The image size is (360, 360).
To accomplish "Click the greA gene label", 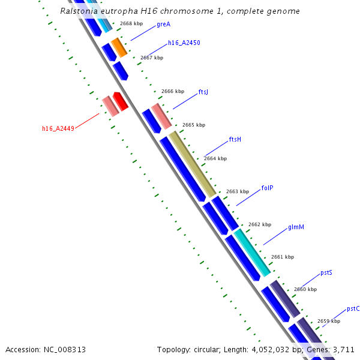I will click(163, 25).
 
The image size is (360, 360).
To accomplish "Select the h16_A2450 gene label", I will click(184, 43).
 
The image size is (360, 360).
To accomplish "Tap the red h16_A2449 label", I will click(58, 128).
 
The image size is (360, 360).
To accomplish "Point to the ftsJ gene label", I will click(203, 92).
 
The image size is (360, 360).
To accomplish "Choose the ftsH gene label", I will click(235, 140).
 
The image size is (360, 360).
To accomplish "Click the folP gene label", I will click(268, 188).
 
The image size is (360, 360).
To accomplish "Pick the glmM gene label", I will click(296, 227).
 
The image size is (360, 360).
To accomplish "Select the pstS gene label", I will click(326, 272).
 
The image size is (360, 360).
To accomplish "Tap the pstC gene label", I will click(353, 309).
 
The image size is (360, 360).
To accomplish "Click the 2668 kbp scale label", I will click(131, 24).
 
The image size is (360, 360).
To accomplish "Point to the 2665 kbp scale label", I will click(194, 125).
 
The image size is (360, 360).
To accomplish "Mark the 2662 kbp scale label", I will click(260, 225).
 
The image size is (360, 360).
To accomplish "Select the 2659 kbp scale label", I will click(329, 322).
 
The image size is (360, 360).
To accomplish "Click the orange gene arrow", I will click(119, 47).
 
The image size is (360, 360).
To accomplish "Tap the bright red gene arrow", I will click(121, 101).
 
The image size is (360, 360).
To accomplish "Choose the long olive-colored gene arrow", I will click(192, 164).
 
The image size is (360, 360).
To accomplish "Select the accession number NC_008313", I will click(63, 349).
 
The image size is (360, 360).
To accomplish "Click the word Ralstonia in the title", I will click(80, 11).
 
